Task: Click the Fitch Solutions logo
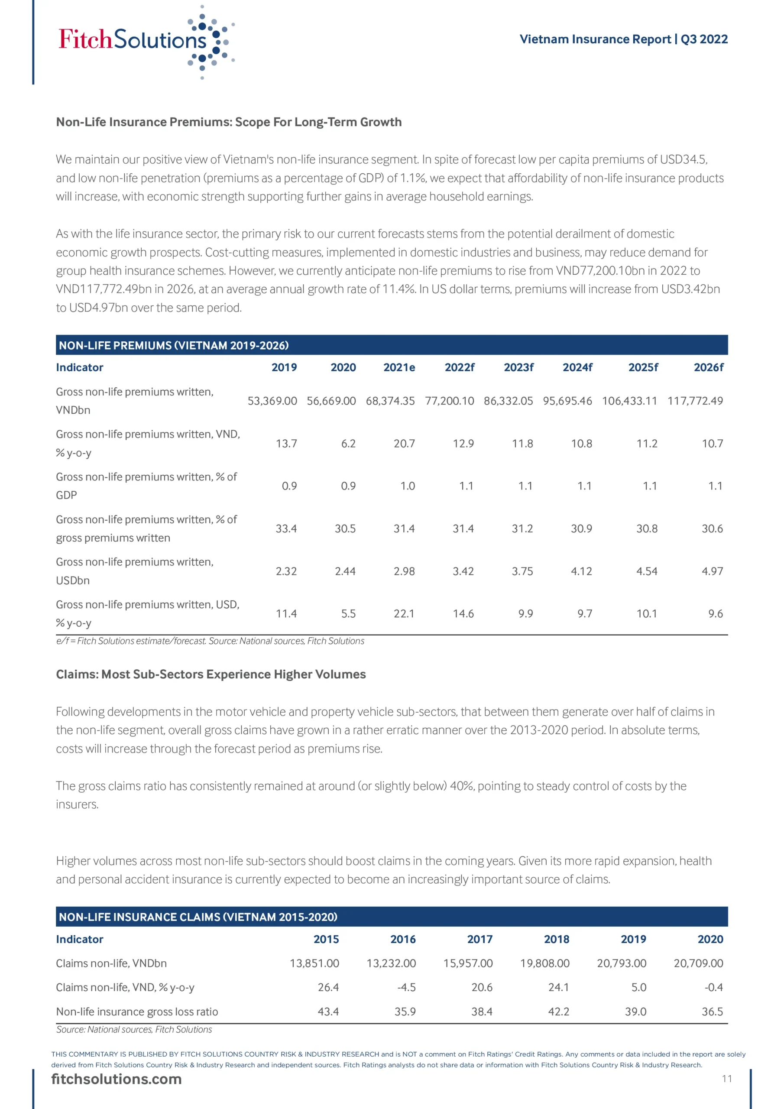click(x=145, y=41)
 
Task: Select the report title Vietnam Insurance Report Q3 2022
click(x=623, y=39)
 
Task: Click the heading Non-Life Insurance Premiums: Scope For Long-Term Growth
click(x=228, y=122)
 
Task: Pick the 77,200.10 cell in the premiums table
click(x=449, y=401)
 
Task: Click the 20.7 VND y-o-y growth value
click(x=404, y=444)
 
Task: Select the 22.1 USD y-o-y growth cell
click(x=404, y=613)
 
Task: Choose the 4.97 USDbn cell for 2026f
click(x=712, y=571)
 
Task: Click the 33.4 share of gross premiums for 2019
click(x=286, y=529)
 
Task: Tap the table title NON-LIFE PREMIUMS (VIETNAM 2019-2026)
click(x=173, y=345)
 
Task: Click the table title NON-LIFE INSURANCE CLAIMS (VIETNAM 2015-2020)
click(x=198, y=917)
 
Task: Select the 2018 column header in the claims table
click(x=557, y=939)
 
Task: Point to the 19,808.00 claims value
click(x=544, y=963)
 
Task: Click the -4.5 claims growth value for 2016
click(x=406, y=987)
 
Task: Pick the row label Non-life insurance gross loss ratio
click(x=137, y=1012)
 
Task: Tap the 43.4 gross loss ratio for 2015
click(x=328, y=1012)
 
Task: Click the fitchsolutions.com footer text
click(x=117, y=1079)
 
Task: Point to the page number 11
click(x=726, y=1079)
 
